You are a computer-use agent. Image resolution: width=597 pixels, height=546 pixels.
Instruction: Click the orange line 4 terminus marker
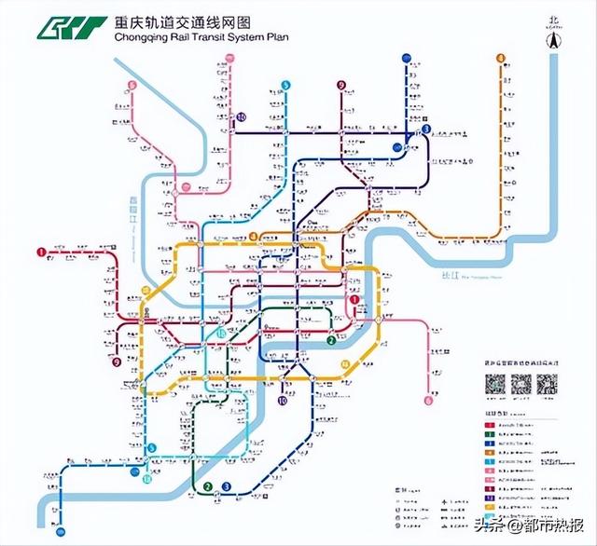[501, 58]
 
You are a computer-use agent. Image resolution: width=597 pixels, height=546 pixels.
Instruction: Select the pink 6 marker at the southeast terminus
[428, 401]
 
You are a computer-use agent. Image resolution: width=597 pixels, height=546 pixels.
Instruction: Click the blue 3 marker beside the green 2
[226, 485]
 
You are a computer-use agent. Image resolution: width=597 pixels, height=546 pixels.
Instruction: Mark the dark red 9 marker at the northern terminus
[341, 86]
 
